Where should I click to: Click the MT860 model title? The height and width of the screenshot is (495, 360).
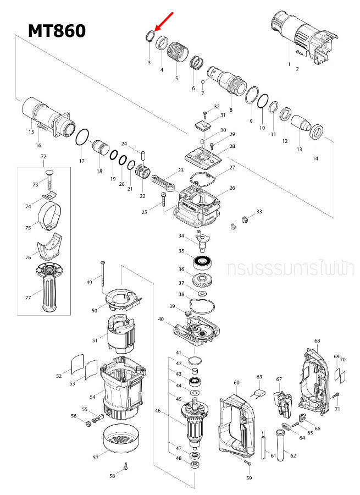pos(57,30)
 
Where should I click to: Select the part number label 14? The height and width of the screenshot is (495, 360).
pos(315,158)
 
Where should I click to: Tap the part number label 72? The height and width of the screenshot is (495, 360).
pos(43,157)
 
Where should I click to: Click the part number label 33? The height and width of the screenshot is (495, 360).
pos(259,211)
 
